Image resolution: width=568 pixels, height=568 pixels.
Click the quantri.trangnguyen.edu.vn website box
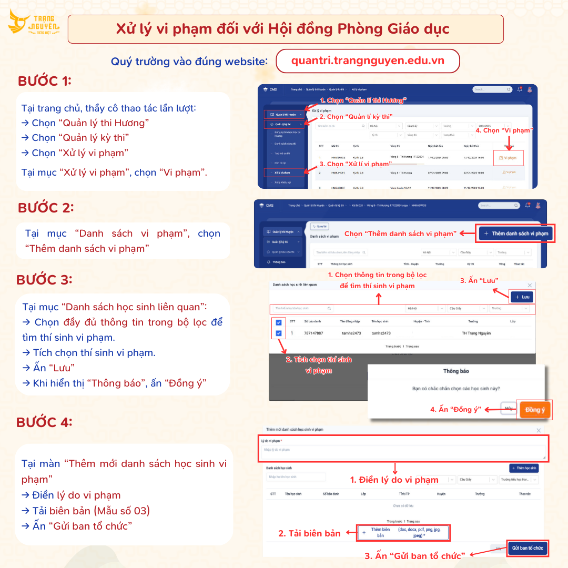(x=368, y=60)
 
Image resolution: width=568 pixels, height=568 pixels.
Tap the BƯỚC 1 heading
(x=45, y=81)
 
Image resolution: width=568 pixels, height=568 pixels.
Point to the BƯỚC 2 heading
(x=46, y=208)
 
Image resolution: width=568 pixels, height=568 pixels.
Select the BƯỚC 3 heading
(x=44, y=280)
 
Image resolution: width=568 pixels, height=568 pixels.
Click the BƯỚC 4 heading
(x=44, y=422)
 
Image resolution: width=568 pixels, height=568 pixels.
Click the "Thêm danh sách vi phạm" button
(x=516, y=234)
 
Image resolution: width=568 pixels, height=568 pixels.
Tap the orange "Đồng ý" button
(x=535, y=410)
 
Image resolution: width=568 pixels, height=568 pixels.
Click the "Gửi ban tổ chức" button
(x=528, y=549)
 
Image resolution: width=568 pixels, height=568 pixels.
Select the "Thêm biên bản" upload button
(x=403, y=533)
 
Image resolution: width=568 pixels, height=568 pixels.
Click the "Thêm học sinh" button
(x=524, y=468)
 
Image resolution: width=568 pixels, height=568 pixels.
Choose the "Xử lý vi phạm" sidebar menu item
(x=284, y=172)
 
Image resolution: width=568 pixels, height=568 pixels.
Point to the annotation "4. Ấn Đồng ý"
(x=455, y=409)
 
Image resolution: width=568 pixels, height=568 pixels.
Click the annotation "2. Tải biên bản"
(x=309, y=533)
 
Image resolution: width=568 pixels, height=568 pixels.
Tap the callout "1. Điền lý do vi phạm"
(x=394, y=480)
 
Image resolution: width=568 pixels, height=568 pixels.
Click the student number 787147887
(x=313, y=333)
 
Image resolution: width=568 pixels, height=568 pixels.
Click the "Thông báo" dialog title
(x=456, y=371)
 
